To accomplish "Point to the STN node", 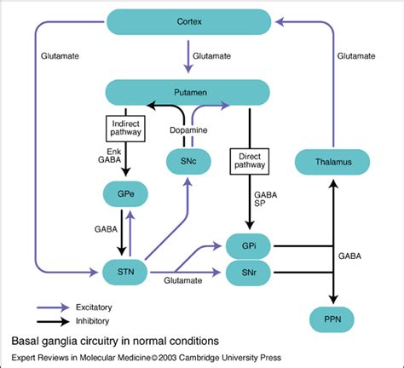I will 119,273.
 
